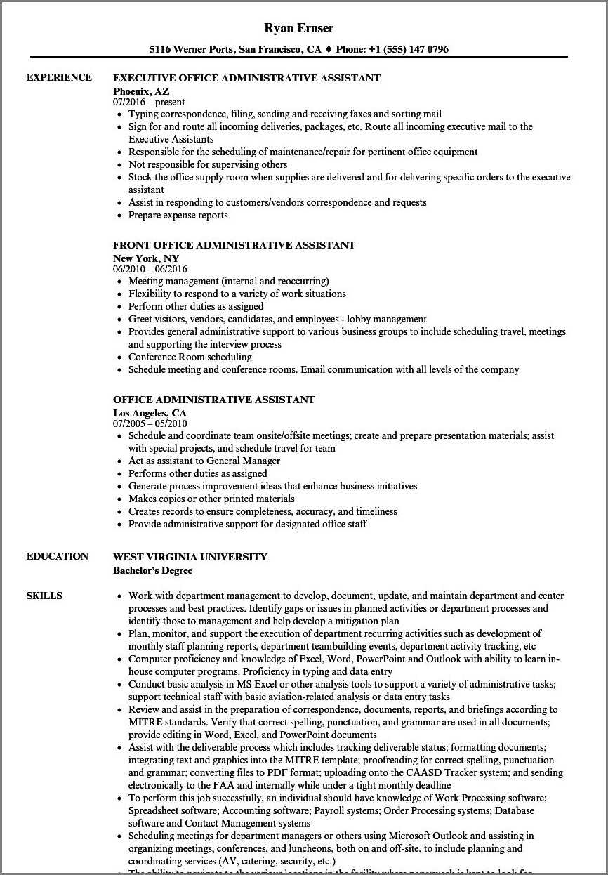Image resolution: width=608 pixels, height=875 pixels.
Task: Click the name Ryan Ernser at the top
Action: (x=299, y=28)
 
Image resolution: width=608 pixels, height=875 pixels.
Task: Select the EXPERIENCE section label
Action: (x=59, y=77)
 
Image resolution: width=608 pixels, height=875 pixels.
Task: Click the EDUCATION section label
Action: (x=58, y=556)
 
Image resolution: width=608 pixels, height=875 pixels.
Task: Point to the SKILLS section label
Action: (x=44, y=596)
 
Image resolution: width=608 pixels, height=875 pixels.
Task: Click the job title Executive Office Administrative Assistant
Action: (x=246, y=78)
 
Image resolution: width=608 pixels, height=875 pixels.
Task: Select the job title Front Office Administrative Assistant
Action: (x=234, y=245)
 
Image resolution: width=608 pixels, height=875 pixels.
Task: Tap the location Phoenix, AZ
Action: (x=141, y=91)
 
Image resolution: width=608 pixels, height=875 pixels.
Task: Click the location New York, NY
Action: (x=146, y=258)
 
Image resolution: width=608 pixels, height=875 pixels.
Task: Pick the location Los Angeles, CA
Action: (x=150, y=412)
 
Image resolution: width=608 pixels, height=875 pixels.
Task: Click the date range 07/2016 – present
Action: (x=149, y=102)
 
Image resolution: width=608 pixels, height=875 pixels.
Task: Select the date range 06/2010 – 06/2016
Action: (x=150, y=269)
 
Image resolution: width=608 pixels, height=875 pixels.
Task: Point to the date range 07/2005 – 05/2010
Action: (x=150, y=423)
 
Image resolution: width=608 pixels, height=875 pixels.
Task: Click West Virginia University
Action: (x=190, y=557)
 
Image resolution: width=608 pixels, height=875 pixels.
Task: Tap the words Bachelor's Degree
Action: (x=152, y=570)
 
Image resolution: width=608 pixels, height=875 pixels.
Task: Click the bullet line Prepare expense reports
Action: (x=178, y=215)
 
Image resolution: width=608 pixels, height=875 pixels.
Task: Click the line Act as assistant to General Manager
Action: (x=204, y=461)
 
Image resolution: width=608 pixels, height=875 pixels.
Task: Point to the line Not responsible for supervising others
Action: (x=208, y=164)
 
